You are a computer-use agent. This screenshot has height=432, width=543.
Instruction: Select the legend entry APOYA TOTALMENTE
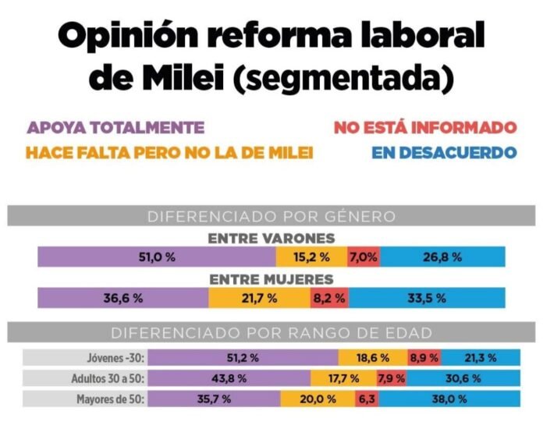115,128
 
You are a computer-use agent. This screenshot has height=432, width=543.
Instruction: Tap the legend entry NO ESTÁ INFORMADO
425,127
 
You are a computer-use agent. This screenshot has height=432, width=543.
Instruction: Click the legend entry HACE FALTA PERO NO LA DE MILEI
169,153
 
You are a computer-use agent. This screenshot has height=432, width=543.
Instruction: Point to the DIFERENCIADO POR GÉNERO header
271,216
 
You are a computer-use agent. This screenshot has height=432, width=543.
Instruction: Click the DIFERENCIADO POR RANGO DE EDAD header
271,333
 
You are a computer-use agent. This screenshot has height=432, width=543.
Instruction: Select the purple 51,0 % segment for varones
156,257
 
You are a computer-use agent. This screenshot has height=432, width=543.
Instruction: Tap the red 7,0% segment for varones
364,257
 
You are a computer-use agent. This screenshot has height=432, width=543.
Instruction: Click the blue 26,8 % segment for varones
442,257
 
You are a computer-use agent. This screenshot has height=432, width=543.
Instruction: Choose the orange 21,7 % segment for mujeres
259,298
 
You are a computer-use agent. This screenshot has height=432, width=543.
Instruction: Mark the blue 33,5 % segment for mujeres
426,298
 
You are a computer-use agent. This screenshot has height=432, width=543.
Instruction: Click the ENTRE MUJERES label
271,278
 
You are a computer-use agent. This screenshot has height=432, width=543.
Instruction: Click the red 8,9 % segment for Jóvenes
424,358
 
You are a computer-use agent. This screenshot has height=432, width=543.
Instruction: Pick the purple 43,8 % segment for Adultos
229,378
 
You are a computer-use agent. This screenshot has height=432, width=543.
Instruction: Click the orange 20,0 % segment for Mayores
318,398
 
